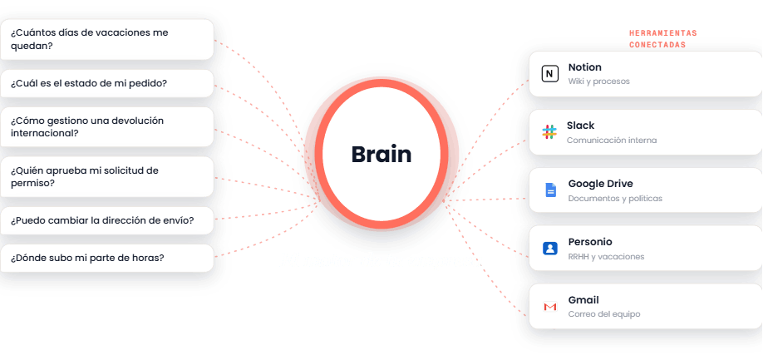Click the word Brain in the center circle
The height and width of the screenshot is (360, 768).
(x=381, y=155)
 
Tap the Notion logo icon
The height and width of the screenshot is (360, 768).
(x=550, y=74)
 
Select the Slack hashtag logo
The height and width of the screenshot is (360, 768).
(x=549, y=132)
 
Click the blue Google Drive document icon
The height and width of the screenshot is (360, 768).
(x=550, y=190)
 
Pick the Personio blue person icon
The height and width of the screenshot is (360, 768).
(x=550, y=249)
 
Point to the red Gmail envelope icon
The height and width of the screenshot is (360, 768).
(x=550, y=307)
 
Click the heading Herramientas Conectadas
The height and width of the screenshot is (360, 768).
(x=662, y=39)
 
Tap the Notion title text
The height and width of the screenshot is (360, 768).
(x=585, y=67)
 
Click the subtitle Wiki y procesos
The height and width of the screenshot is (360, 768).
(x=599, y=81)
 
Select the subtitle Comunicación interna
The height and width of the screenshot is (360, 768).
(x=612, y=140)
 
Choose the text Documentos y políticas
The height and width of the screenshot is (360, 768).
(x=615, y=199)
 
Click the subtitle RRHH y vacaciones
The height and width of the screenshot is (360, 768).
(x=607, y=257)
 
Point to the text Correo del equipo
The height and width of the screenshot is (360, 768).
(x=604, y=314)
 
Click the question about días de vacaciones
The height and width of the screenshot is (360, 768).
(x=89, y=40)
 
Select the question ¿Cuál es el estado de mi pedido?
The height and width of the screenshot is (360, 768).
(x=89, y=83)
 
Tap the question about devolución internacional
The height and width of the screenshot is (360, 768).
(x=87, y=127)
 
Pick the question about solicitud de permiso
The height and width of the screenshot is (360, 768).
(x=84, y=177)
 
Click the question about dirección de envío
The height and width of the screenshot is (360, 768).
(x=102, y=220)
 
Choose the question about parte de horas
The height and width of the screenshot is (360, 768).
(x=87, y=258)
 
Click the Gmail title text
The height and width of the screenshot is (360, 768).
(x=583, y=300)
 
